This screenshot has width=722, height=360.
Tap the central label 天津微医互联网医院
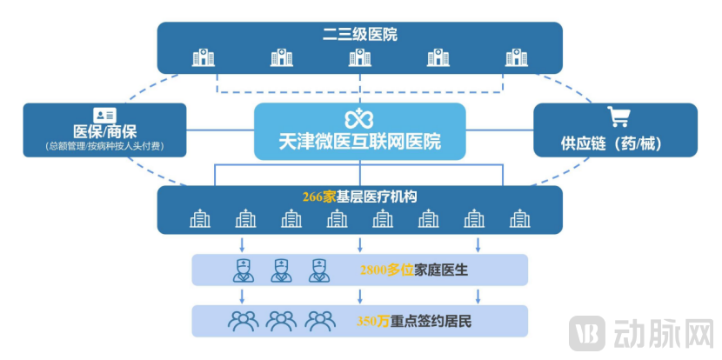coord(359,142)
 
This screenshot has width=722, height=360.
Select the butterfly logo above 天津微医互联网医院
coord(359,119)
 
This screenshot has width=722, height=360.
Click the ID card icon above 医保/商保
coord(105,116)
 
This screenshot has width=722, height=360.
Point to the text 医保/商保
coord(104,132)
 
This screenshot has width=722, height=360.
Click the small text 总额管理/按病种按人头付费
coord(104,148)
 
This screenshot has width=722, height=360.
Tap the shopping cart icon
coord(618,117)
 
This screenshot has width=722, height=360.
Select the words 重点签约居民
coord(437,321)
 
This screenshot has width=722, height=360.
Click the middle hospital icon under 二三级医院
coord(359,58)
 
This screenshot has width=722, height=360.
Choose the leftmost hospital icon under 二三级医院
coord(203,58)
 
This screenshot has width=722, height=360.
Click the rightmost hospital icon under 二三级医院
coord(517,58)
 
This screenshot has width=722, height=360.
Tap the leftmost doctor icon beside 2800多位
coord(243,270)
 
